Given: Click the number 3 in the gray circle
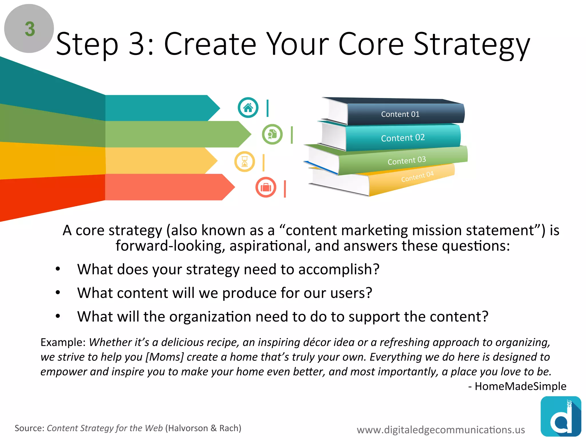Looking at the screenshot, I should (x=30, y=29).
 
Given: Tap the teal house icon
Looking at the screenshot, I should (x=248, y=108).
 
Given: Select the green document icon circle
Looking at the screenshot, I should (x=272, y=134).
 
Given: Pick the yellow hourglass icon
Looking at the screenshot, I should (x=245, y=162).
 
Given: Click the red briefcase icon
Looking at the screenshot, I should (x=266, y=188).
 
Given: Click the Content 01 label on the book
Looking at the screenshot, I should (x=400, y=114).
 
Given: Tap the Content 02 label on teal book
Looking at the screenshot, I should (x=403, y=138).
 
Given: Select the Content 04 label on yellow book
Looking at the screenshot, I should (x=417, y=176).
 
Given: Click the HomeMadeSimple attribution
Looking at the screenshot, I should (x=520, y=386).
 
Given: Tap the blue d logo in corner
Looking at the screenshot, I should (x=561, y=417).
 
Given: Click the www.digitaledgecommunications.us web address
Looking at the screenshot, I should (x=441, y=430).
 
